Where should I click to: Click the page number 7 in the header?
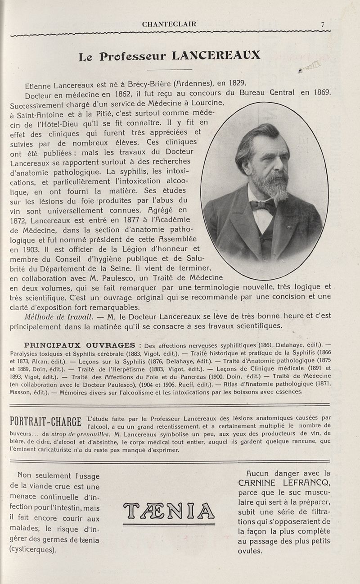pos(323,25)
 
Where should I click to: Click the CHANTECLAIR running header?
pos(169,24)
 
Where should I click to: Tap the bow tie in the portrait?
pos(263,206)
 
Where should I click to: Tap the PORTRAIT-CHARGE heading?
pos(47,423)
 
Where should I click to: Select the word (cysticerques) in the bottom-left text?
pos(33,550)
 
